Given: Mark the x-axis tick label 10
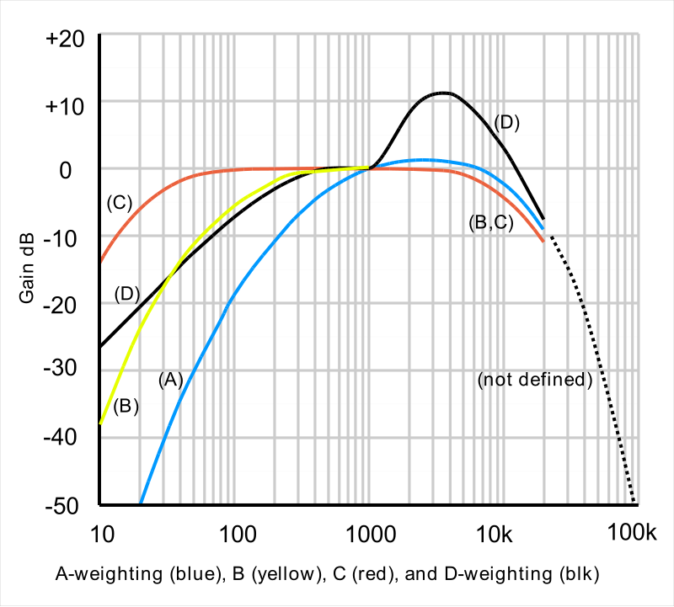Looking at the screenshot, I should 100,533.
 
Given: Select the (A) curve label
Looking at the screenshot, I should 170,380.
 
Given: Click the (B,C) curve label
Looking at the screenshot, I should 490,223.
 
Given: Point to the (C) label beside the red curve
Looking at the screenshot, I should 120,202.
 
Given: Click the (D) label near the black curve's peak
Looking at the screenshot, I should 506,122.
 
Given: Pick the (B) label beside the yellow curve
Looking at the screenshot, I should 126,406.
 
